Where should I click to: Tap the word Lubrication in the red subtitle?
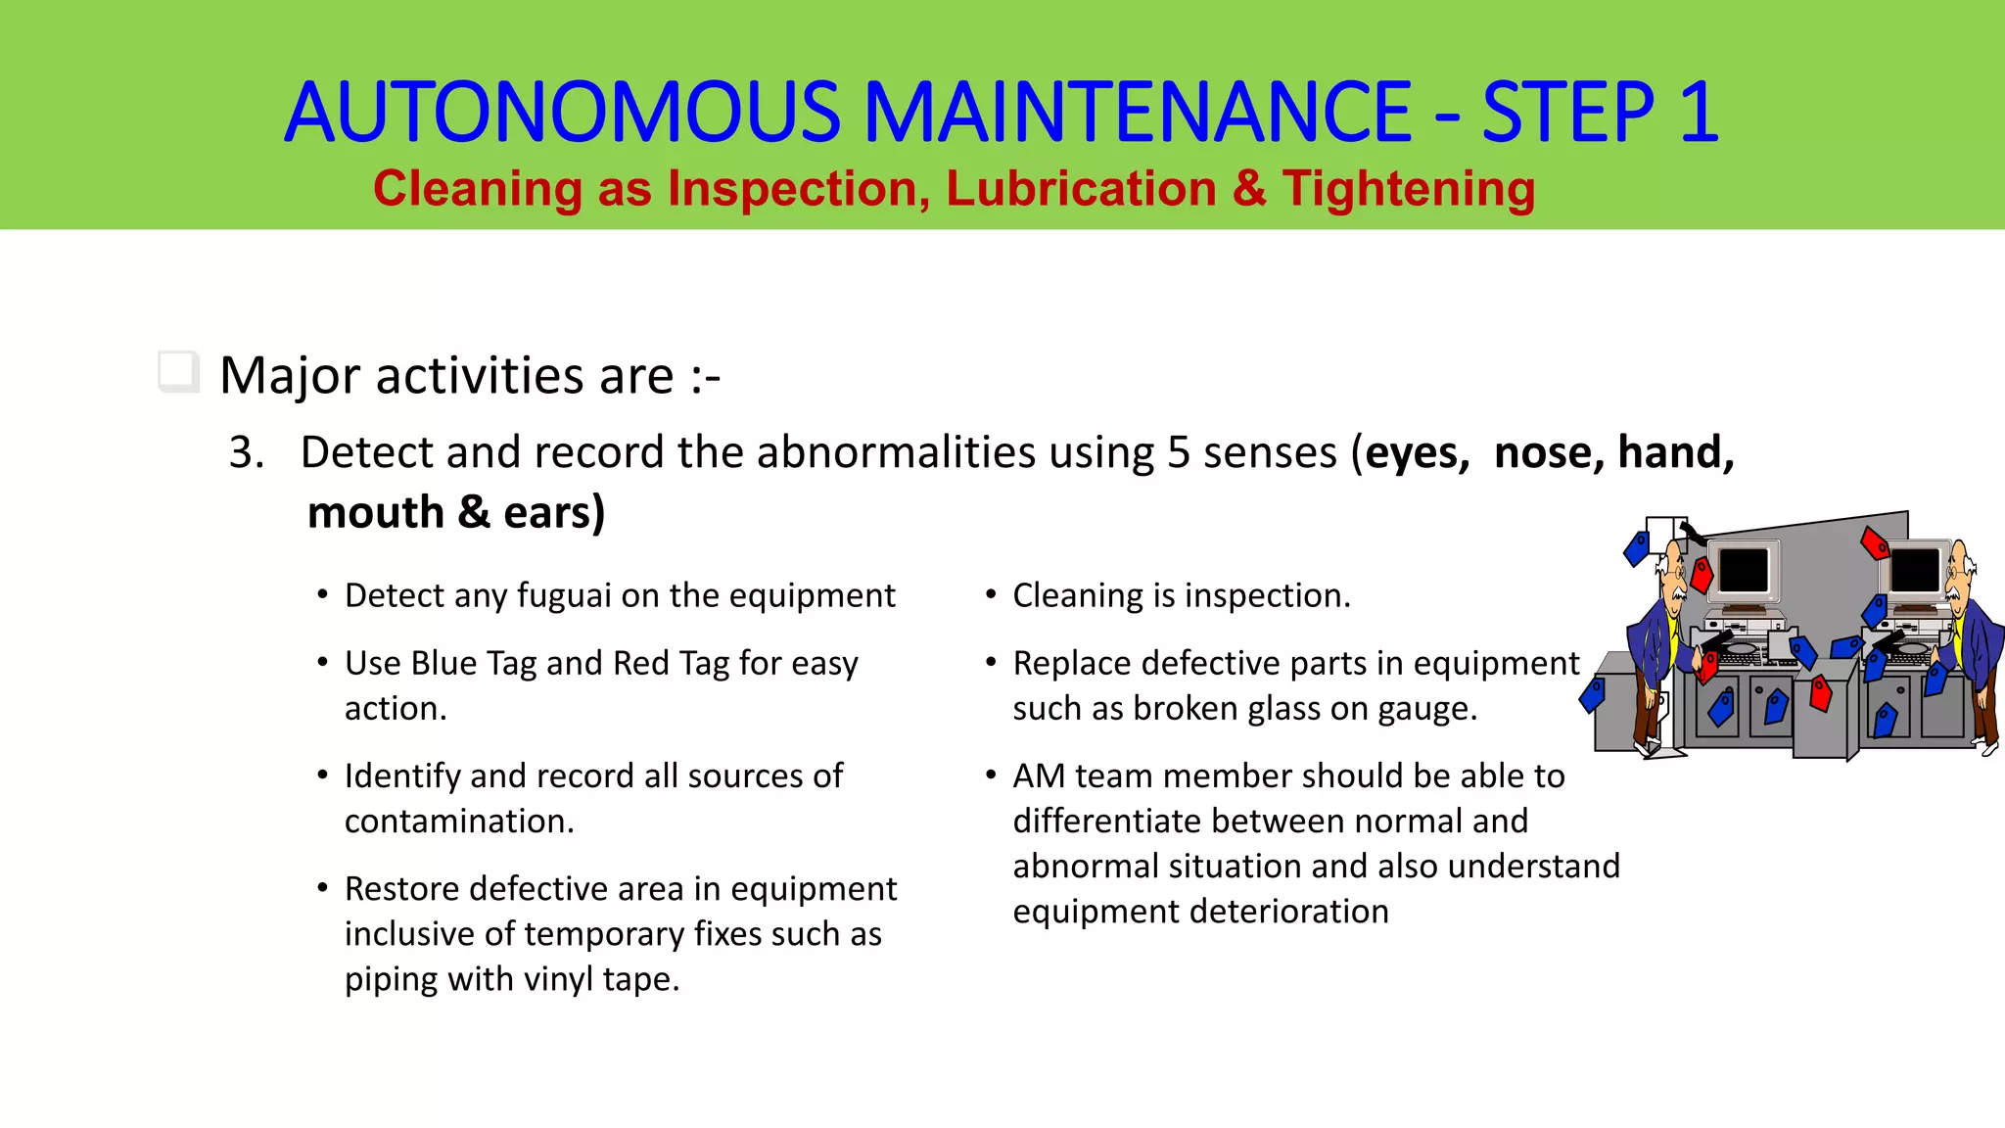[x=1081, y=188]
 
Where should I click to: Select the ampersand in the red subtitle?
[x=1249, y=188]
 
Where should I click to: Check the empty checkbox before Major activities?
[x=177, y=372]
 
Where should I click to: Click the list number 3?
[x=246, y=452]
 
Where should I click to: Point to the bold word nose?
[x=1548, y=452]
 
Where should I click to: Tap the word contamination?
[x=458, y=821]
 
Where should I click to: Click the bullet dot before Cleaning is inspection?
[x=991, y=594]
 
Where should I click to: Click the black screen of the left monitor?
[x=1744, y=570]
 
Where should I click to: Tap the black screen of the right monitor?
[x=1915, y=570]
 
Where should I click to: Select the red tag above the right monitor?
[x=1875, y=542]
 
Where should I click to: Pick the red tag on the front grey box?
[x=1821, y=693]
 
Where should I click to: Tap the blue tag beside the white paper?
[x=1636, y=548]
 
